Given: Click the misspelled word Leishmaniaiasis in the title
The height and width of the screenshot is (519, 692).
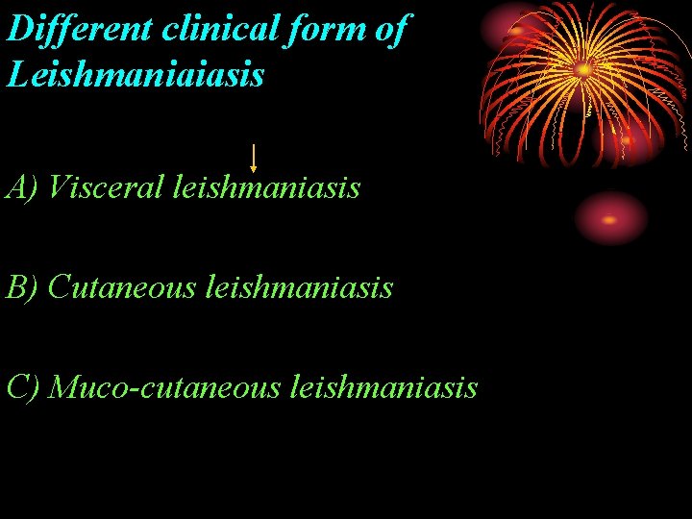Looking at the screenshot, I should [135, 74].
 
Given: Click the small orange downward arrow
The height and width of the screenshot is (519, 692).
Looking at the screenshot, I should [253, 158].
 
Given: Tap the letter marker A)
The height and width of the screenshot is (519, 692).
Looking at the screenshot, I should [21, 186].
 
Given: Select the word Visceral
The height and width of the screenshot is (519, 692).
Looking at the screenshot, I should [106, 186].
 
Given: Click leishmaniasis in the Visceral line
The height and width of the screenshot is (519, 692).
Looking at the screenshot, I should [266, 186].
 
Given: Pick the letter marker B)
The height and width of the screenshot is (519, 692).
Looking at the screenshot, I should [21, 286].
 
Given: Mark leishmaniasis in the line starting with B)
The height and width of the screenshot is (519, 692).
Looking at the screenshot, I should [299, 286].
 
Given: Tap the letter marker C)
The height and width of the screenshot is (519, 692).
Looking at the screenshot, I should [21, 386].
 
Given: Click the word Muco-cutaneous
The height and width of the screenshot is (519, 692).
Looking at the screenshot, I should [164, 386].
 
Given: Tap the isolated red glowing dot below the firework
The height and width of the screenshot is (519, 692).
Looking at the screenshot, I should [610, 218].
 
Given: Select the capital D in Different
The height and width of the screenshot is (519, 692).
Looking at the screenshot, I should [19, 29].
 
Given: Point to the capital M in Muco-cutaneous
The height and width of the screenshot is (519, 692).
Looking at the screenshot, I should [62, 386].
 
